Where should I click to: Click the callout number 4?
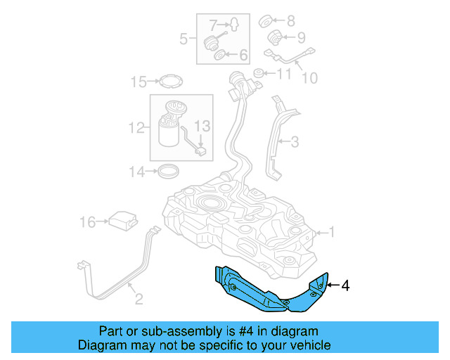(345, 285)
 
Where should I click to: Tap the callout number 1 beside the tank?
(333, 231)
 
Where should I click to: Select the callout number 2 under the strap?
(139, 300)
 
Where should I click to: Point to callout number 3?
(295, 142)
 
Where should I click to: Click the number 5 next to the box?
(184, 39)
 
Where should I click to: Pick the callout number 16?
(88, 223)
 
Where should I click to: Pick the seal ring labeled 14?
(167, 170)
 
